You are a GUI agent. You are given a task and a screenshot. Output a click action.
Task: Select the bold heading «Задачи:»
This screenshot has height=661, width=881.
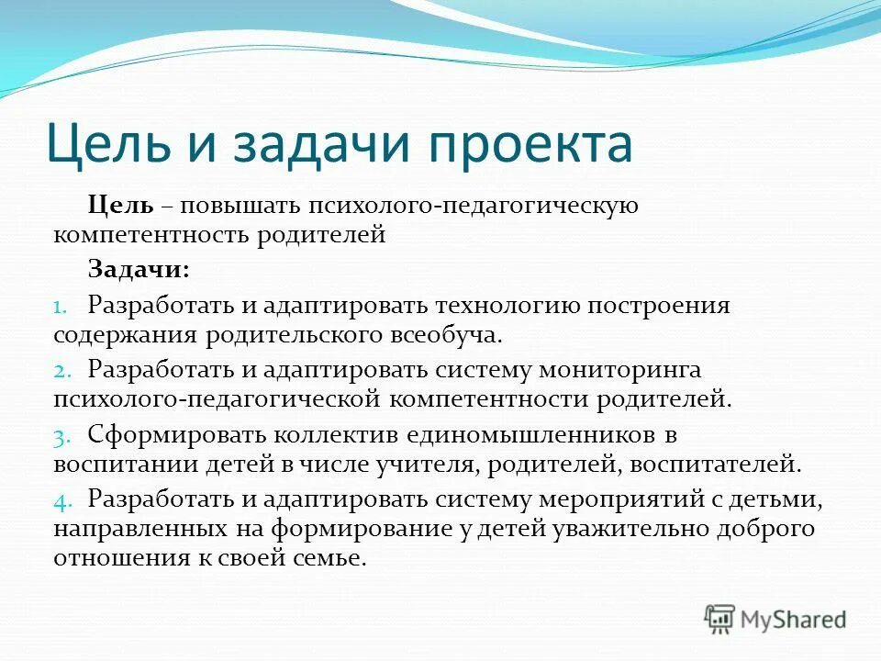[x=139, y=268]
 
